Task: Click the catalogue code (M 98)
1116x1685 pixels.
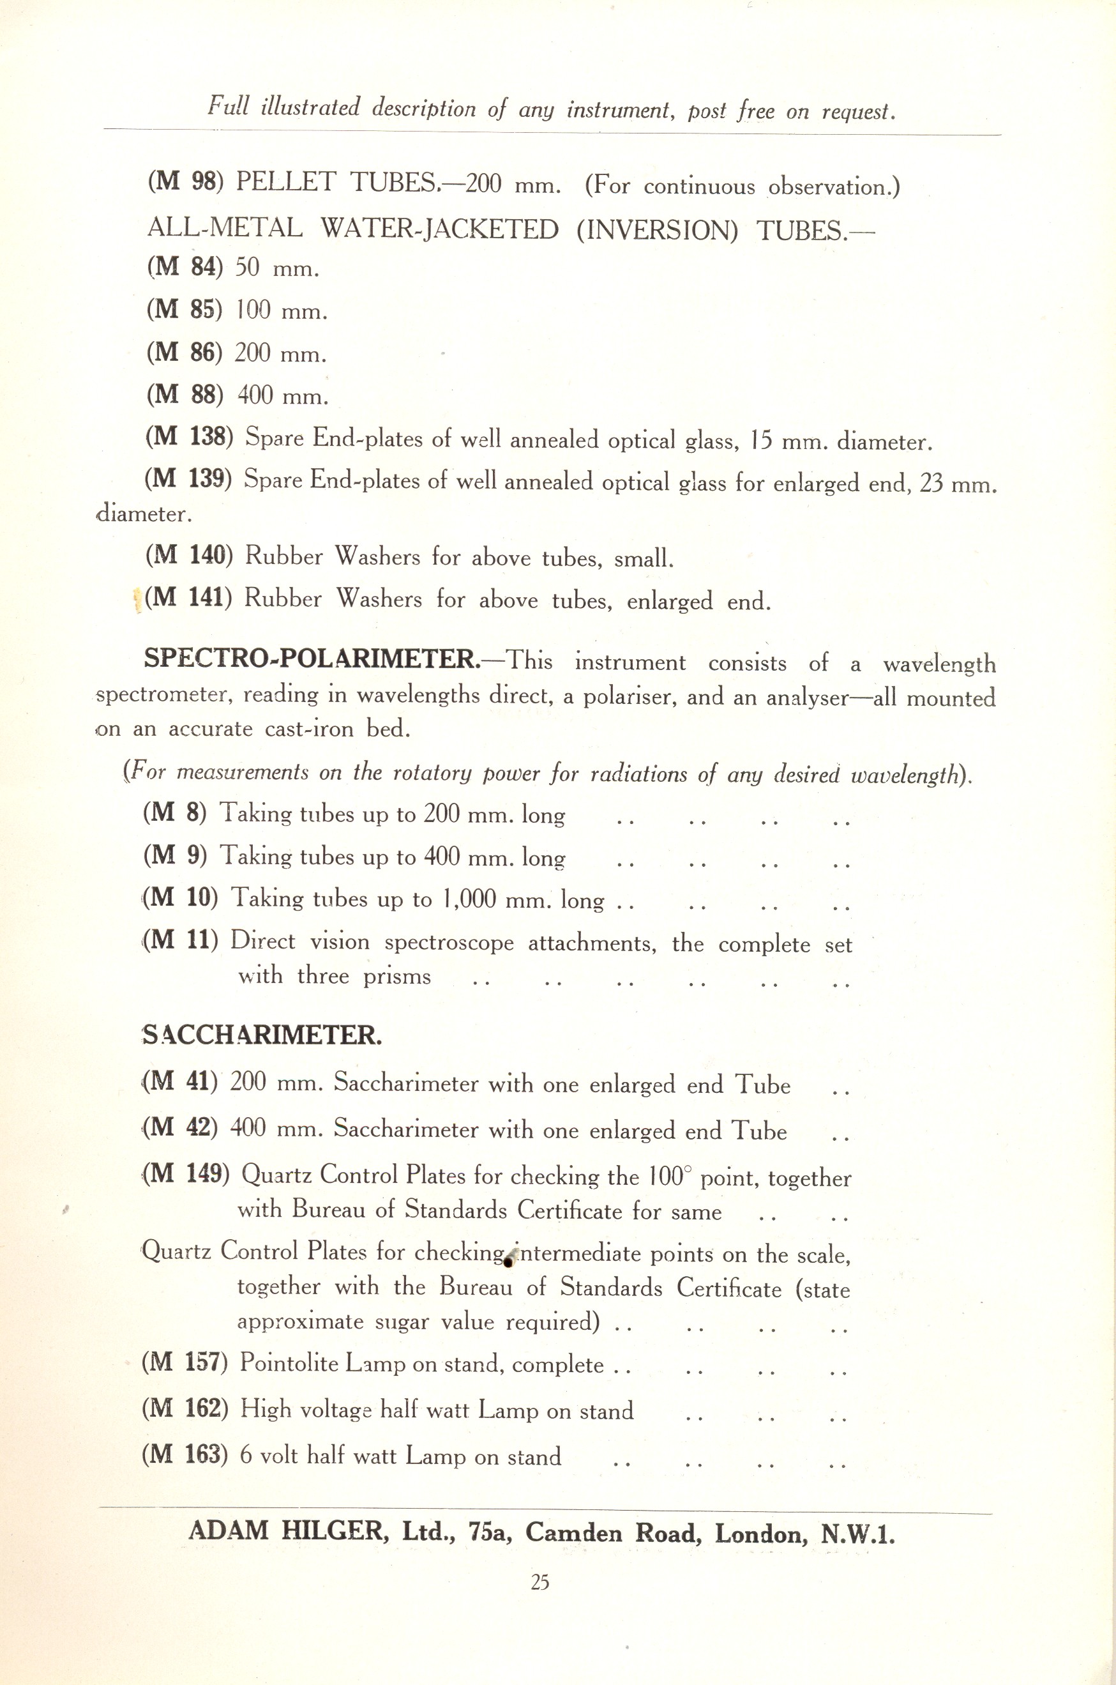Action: [185, 182]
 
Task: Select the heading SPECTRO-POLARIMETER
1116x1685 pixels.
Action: [312, 658]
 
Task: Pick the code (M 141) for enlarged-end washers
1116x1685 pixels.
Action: [188, 597]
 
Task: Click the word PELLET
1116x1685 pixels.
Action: [285, 182]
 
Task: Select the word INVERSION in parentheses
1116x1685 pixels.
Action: [658, 230]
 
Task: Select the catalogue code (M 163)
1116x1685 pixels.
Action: [185, 1454]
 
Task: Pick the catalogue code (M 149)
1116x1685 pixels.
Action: [187, 1173]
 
